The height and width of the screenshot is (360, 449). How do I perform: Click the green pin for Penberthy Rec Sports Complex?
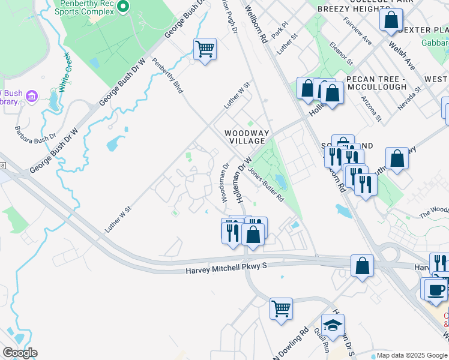click(123, 7)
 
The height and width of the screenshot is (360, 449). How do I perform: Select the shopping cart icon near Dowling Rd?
click(280, 310)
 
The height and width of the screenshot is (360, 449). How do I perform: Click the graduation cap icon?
click(333, 325)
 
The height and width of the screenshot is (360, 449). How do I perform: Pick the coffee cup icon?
click(436, 290)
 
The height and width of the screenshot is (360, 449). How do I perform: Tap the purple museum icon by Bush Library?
click(32, 95)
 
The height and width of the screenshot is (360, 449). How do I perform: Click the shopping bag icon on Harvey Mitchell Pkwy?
click(362, 266)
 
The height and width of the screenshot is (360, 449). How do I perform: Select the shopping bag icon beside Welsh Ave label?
click(391, 20)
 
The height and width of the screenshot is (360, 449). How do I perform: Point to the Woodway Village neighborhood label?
click(244, 137)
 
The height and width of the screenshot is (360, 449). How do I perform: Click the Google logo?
click(20, 353)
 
